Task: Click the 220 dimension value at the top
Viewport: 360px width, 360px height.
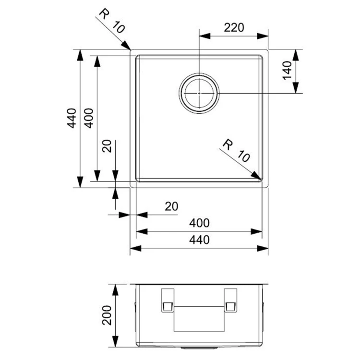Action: click(234, 27)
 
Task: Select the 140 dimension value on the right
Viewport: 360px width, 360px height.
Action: click(287, 70)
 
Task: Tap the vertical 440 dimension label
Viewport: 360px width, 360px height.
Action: click(72, 118)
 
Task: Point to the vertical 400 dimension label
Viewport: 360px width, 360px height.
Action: click(88, 118)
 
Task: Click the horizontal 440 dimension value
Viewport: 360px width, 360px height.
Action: click(199, 240)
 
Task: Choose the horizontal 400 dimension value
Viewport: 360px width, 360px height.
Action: click(199, 223)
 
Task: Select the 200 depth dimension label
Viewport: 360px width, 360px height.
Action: click(107, 315)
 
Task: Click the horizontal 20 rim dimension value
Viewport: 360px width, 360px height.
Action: click(171, 206)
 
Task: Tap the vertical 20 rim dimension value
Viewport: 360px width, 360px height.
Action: click(107, 146)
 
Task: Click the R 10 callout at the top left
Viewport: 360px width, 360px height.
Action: click(112, 21)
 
